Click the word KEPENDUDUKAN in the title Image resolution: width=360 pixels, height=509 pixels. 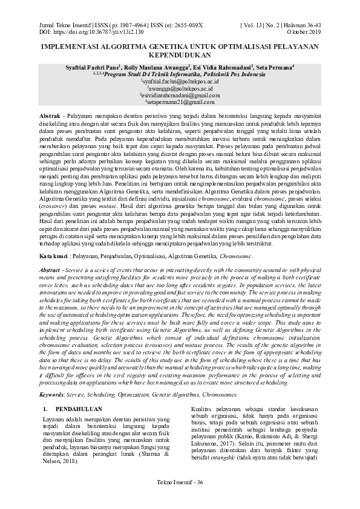(180, 53)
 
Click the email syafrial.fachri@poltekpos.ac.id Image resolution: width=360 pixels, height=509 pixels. (180, 80)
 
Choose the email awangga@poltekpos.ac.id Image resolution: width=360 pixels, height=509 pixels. (180, 88)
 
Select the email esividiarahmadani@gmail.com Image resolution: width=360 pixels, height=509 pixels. (180, 95)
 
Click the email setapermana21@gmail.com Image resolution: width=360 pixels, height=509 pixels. (180, 102)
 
